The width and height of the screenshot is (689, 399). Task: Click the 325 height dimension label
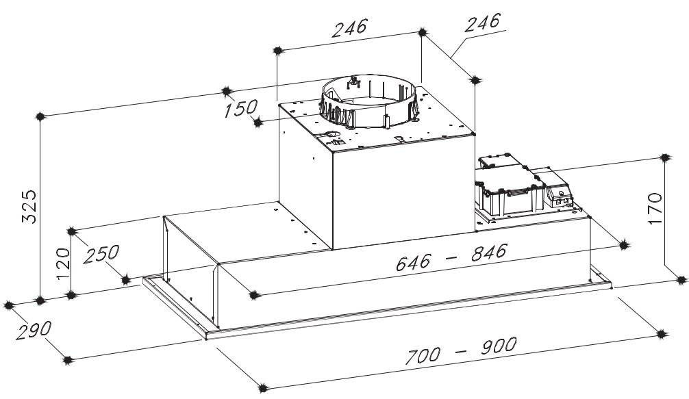29,206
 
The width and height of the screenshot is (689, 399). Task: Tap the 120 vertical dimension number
63,263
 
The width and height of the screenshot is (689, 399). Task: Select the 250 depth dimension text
101,254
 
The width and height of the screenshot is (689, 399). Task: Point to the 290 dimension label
34,330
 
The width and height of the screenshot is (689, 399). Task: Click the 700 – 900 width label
460,350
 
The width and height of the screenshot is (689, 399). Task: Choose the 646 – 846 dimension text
452,257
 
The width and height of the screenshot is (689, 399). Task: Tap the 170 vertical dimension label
655,208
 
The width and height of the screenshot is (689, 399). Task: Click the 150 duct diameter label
241,108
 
